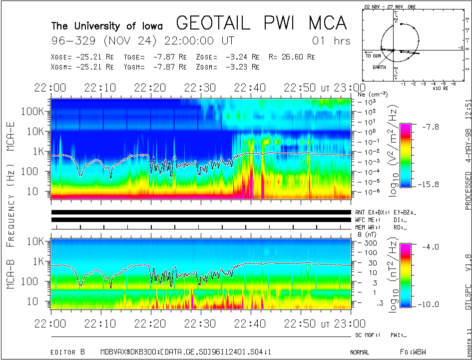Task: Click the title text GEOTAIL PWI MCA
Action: pyautogui.click(x=261, y=23)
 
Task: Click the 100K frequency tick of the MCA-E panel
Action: pyautogui.click(x=36, y=111)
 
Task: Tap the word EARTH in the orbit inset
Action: pyautogui.click(x=379, y=67)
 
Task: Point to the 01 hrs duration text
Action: pyautogui.click(x=331, y=40)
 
